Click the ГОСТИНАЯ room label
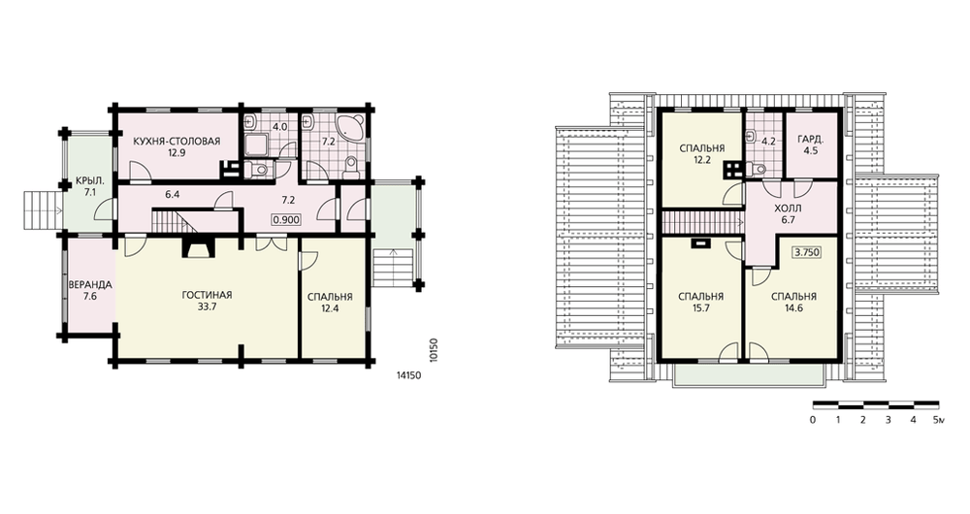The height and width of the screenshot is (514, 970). (x=207, y=295)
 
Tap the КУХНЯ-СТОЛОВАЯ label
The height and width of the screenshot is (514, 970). (x=177, y=141)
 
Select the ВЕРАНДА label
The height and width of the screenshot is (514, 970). (x=90, y=285)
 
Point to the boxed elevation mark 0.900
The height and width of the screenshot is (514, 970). (x=286, y=219)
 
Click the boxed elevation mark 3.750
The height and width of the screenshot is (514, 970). (x=806, y=252)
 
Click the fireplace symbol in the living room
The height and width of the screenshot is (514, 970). (x=196, y=247)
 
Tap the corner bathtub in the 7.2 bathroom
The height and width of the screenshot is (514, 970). (x=353, y=126)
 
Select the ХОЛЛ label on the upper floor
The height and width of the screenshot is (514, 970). (x=788, y=209)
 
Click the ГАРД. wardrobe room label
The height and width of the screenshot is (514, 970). (x=810, y=140)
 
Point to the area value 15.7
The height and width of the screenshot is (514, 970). (x=700, y=308)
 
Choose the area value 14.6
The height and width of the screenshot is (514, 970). (x=793, y=308)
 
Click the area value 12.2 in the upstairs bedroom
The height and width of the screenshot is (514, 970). (x=701, y=160)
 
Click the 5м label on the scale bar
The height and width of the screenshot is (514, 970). (x=939, y=420)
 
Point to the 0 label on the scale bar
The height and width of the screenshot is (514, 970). (x=812, y=420)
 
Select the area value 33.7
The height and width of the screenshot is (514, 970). (x=207, y=306)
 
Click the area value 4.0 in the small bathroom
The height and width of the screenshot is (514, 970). (x=279, y=127)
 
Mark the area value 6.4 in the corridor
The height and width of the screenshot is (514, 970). (x=172, y=194)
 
